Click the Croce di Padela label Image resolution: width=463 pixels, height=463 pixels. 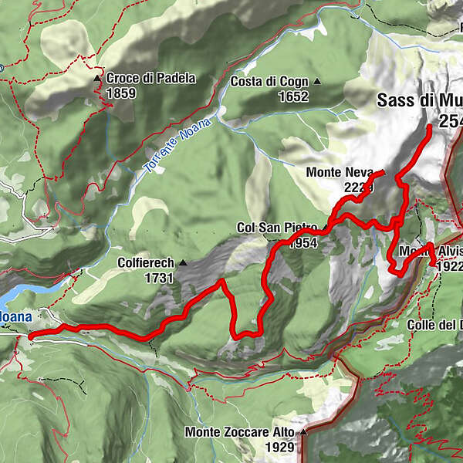(151, 78)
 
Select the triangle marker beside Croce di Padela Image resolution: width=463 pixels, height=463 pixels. (97, 79)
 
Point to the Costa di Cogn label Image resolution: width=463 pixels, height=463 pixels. (269, 82)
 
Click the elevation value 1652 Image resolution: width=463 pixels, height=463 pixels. (294, 97)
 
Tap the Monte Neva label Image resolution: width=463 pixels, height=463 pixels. (340, 171)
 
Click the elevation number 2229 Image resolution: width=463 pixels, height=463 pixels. (360, 186)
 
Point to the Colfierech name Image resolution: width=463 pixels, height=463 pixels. (146, 263)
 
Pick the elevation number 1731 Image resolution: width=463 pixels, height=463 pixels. (158, 278)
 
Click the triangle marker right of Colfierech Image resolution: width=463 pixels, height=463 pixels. (183, 263)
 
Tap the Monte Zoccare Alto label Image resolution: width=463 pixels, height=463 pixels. (239, 432)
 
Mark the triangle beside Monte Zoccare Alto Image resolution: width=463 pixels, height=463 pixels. (304, 432)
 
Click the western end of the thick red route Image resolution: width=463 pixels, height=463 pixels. (30, 336)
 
